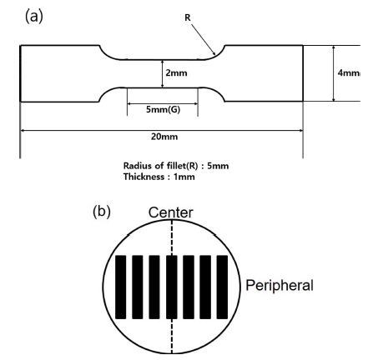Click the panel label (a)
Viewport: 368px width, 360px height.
(x=34, y=16)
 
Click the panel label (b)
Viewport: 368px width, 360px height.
(x=102, y=212)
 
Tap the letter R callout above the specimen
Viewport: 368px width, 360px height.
(x=188, y=17)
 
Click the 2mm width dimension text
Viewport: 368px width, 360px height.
(x=176, y=73)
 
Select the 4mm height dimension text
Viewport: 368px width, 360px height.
(x=349, y=72)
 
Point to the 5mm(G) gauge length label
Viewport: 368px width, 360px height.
(x=163, y=109)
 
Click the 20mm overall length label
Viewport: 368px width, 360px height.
(x=164, y=137)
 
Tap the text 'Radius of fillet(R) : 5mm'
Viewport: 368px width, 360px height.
(x=176, y=166)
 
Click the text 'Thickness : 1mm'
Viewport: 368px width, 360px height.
(x=159, y=177)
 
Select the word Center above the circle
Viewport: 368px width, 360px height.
(x=170, y=212)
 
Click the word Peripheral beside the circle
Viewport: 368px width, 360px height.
(x=280, y=285)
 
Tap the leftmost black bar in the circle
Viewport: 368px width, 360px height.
(x=121, y=287)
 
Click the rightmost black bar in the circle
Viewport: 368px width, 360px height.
(x=222, y=287)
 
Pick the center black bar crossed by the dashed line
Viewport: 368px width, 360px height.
(x=171, y=287)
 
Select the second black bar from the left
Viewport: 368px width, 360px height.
(x=138, y=287)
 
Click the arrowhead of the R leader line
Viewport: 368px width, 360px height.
(x=214, y=53)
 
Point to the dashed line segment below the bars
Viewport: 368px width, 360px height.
(x=172, y=336)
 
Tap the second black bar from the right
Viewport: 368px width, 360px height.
(x=205, y=287)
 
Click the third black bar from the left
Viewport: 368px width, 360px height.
(x=154, y=287)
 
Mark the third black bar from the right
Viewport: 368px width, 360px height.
(x=189, y=287)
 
